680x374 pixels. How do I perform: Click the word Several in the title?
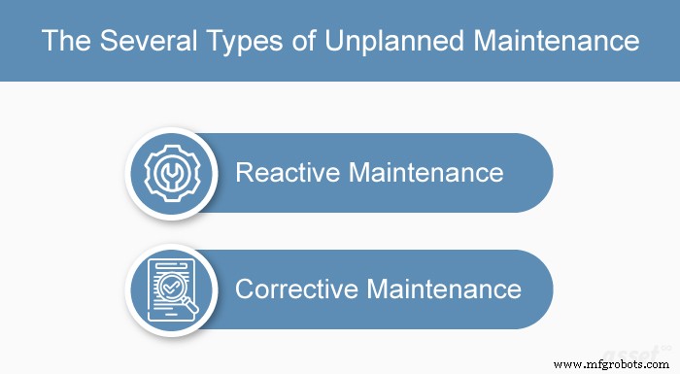coord(130,42)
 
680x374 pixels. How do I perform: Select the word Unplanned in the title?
coord(380,42)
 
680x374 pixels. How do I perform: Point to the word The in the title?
coord(61,42)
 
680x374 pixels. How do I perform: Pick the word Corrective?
coord(299,289)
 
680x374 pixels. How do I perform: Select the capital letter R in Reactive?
coord(245,173)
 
